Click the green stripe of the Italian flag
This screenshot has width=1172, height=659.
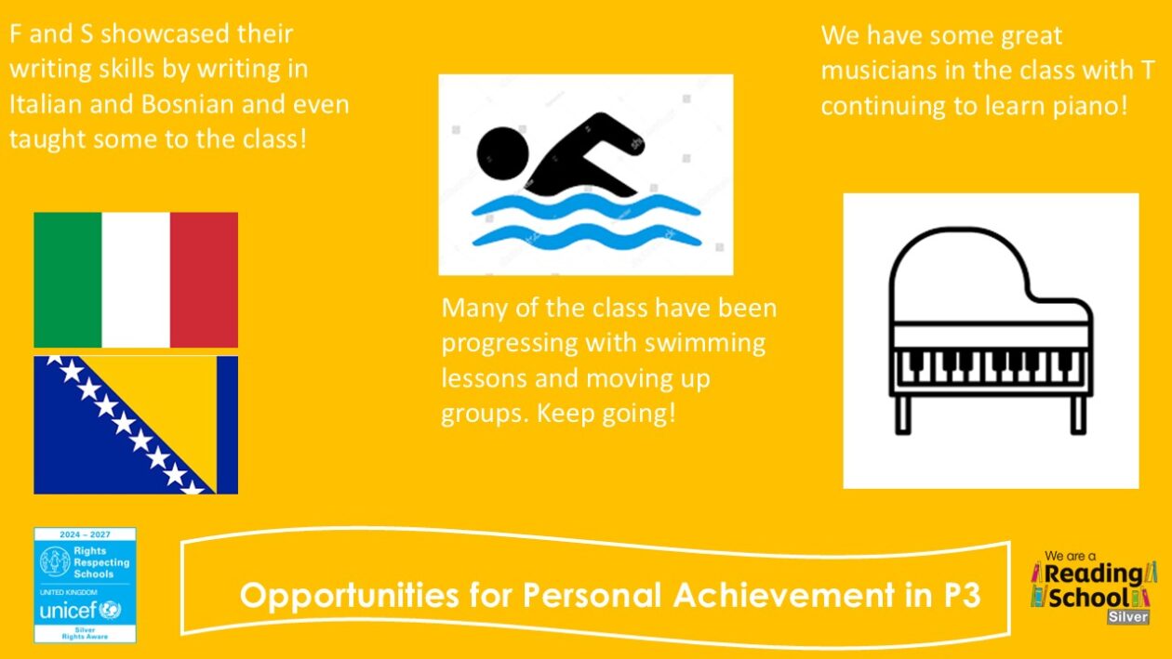point(68,280)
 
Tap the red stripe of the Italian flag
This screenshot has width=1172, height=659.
point(204,280)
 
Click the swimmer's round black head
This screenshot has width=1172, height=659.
point(502,153)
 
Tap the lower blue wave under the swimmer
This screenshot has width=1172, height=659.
point(587,236)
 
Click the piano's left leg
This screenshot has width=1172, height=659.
point(902,415)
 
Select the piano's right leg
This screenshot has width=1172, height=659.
point(1078,415)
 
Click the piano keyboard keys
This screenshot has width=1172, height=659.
point(991,366)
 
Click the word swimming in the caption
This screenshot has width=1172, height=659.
point(705,344)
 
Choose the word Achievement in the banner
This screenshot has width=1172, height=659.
point(784,595)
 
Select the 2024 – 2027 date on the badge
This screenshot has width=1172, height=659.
point(85,534)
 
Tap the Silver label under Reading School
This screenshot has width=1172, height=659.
point(1128,616)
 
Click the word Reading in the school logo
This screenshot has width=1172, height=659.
point(1094,574)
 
